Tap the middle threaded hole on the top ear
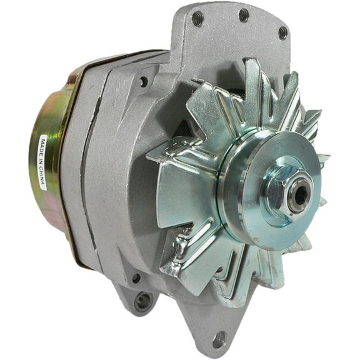[x=243, y=15]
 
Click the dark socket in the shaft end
[x=301, y=194]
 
